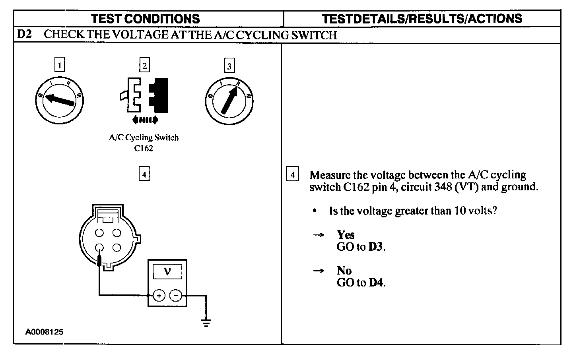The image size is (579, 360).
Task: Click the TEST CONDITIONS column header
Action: [145, 19]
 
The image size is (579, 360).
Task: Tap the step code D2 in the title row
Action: [25, 35]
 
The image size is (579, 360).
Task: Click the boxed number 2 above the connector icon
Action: [145, 65]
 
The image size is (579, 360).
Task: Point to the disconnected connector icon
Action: [144, 95]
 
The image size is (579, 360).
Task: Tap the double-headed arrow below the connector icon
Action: [144, 119]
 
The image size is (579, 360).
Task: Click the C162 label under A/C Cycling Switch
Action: [144, 149]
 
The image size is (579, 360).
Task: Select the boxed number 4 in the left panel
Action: [144, 174]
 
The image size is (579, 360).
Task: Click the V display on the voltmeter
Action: [167, 272]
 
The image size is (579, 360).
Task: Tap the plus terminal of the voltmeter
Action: [159, 296]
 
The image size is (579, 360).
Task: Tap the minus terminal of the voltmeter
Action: [176, 296]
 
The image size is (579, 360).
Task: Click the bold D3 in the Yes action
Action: [376, 247]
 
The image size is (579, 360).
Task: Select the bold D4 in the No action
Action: [376, 283]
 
